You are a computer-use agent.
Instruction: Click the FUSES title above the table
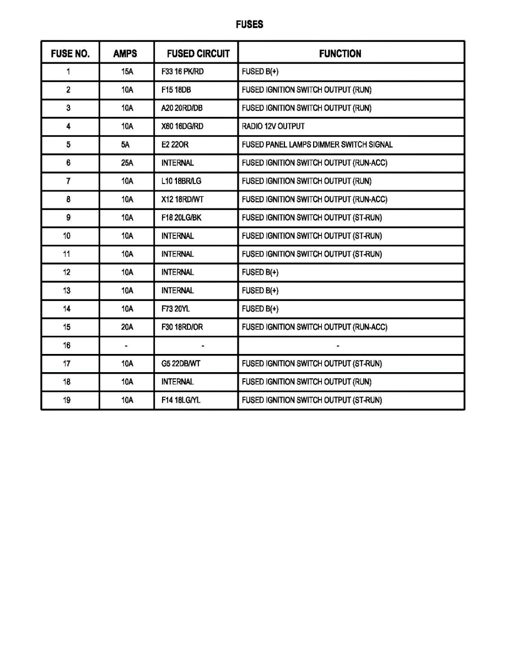click(x=249, y=25)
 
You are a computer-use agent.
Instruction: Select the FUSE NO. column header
click(x=70, y=53)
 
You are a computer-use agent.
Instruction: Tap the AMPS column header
click(x=125, y=53)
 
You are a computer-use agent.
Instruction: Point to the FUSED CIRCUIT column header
click(x=198, y=53)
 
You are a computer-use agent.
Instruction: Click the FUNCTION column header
click(x=340, y=53)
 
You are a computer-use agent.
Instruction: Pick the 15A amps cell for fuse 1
click(x=127, y=72)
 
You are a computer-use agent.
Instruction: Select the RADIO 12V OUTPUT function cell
click(x=273, y=126)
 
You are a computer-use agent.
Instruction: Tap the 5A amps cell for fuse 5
click(x=127, y=144)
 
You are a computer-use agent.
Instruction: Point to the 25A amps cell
click(x=127, y=163)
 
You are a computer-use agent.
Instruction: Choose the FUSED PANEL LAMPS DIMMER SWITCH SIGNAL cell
click(x=317, y=144)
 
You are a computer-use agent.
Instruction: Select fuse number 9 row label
click(x=68, y=218)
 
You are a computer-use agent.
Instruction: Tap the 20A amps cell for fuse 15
click(x=127, y=327)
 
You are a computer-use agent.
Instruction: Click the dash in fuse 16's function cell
click(x=337, y=346)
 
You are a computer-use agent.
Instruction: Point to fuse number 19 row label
click(x=67, y=400)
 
